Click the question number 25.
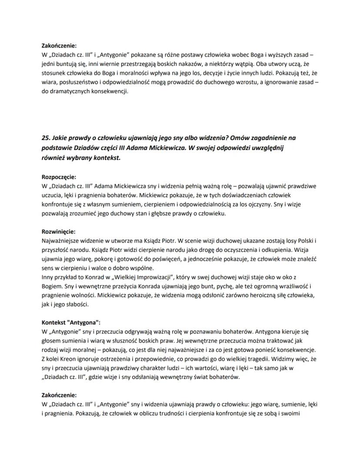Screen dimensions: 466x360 [x=46, y=138]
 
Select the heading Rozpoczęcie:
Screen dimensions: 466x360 [x=59, y=177]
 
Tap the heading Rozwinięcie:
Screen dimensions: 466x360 [x=58, y=231]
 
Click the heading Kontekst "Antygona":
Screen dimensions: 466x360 [x=71, y=322]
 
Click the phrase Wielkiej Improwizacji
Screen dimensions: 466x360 [x=147, y=277]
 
